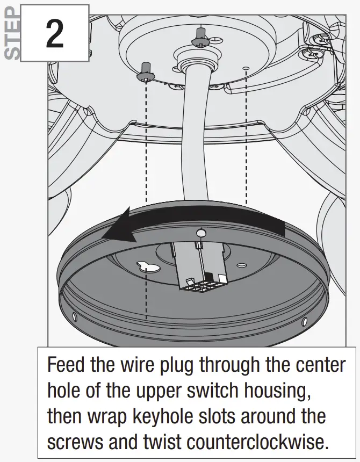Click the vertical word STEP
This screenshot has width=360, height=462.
pyautogui.click(x=13, y=32)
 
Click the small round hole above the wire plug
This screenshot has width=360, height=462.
pyautogui.click(x=201, y=233)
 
